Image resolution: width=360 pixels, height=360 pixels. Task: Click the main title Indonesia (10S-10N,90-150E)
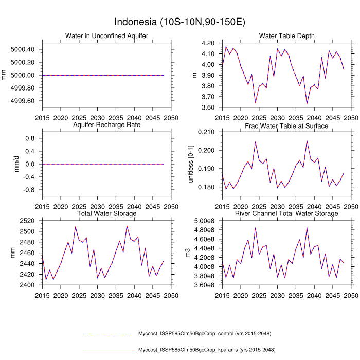179,22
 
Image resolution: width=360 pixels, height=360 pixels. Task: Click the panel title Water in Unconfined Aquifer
106,35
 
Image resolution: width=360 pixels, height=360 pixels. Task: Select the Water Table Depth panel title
286,35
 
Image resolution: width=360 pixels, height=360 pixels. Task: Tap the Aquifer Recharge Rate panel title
106,125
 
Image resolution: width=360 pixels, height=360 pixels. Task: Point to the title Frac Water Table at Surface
286,125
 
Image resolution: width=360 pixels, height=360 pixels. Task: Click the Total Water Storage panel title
106,213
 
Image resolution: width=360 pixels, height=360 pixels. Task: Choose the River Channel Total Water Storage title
286,213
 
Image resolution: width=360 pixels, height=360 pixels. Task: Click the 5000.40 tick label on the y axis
23,49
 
